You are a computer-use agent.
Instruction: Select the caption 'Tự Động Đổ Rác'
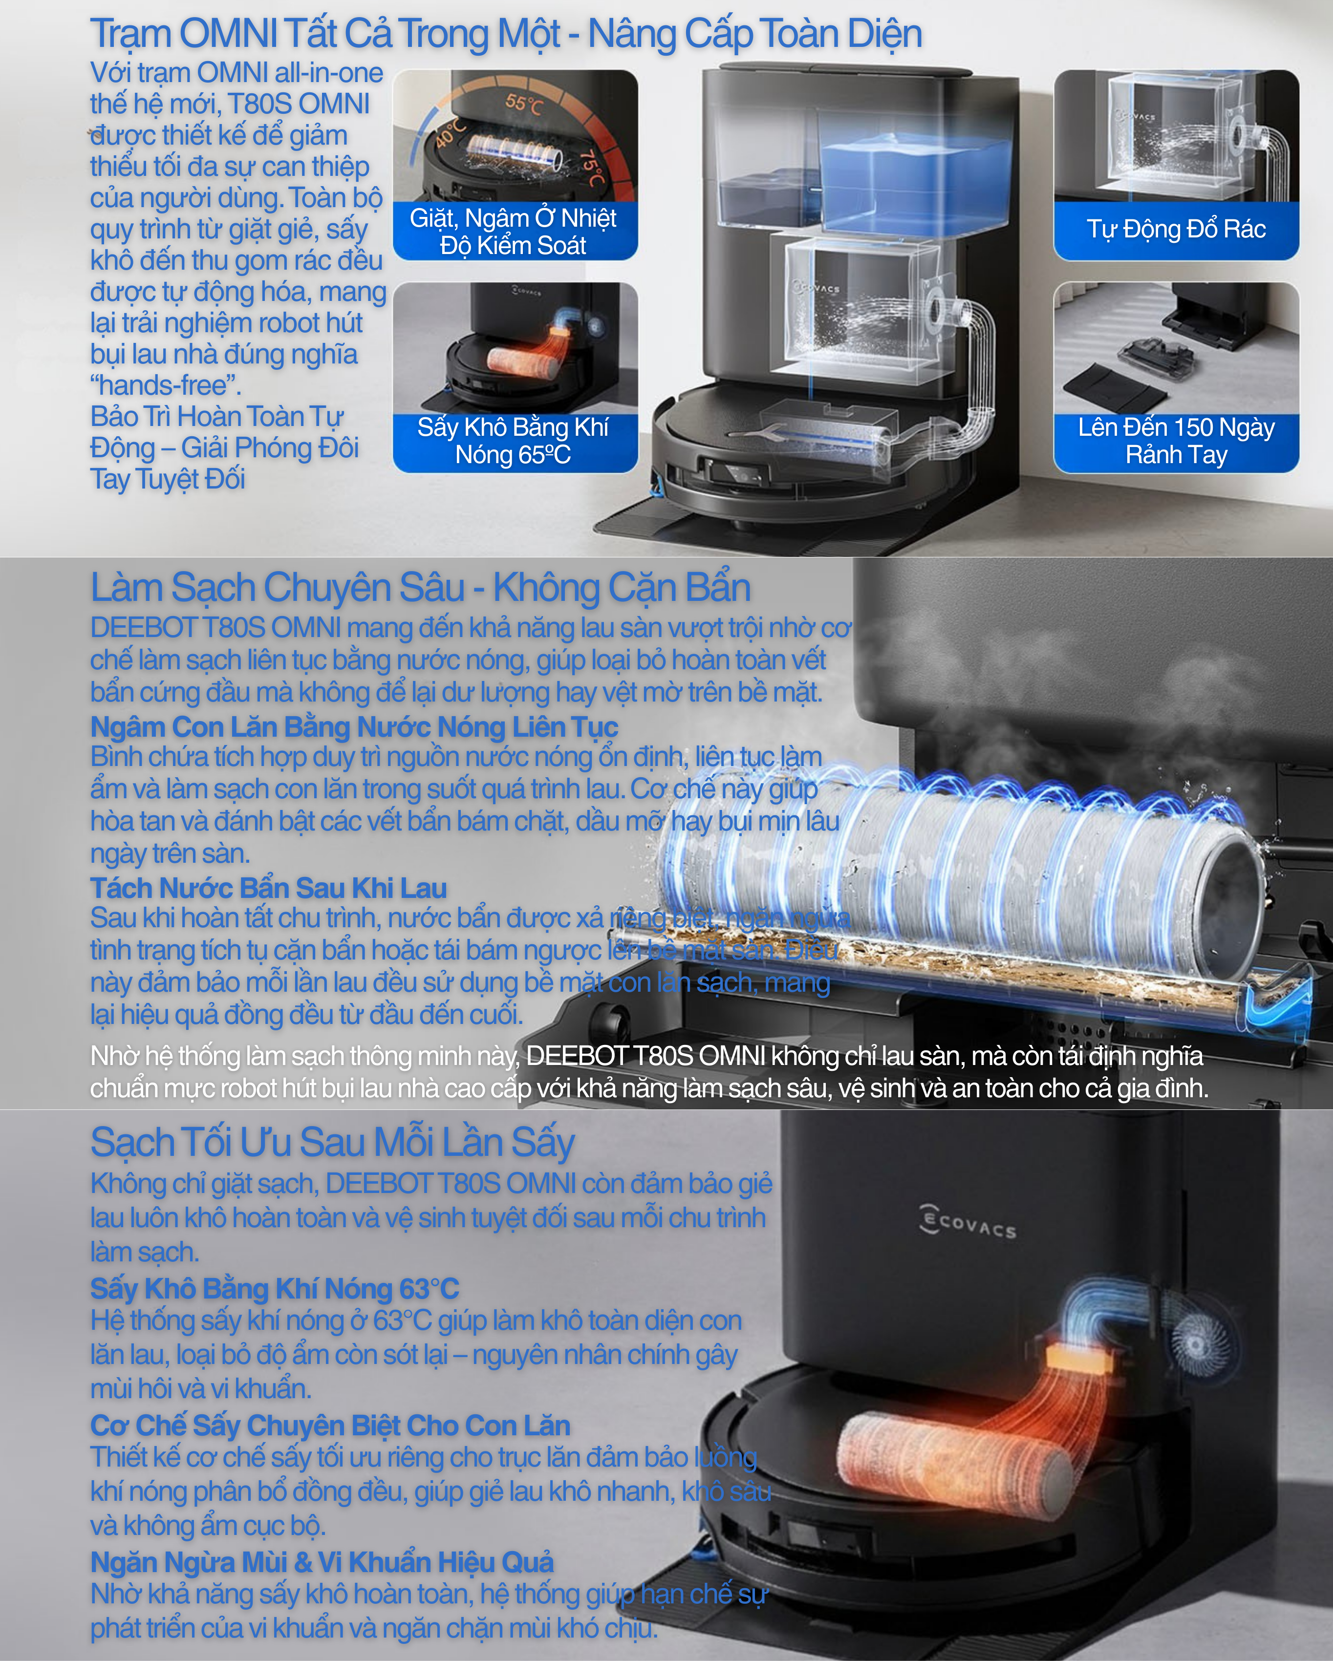click(1176, 229)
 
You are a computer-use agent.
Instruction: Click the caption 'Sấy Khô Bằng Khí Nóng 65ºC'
click(513, 441)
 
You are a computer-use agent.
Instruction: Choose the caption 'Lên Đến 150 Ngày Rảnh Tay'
click(1176, 441)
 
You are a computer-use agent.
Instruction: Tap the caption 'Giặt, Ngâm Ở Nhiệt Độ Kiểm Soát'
click(513, 231)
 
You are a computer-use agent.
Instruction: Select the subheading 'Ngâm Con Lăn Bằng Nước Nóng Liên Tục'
click(354, 726)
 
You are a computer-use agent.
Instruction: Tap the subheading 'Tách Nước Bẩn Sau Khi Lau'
click(268, 888)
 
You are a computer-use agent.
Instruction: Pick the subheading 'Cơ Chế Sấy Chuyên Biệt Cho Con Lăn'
click(330, 1425)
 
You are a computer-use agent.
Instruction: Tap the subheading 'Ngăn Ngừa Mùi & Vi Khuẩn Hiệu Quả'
click(322, 1562)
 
